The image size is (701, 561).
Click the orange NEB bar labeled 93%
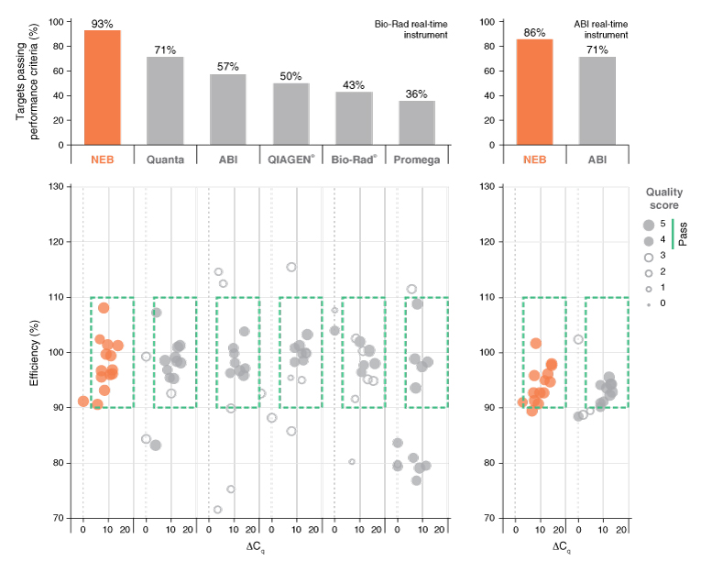point(103,87)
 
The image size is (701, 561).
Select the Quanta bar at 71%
point(165,101)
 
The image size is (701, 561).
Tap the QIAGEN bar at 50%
point(290,114)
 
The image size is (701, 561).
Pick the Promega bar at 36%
point(416,123)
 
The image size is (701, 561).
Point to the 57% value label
point(227,66)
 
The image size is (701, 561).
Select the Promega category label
point(416,159)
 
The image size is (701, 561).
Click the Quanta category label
point(165,159)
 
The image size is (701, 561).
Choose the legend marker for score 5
point(649,225)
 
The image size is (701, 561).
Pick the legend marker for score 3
point(649,257)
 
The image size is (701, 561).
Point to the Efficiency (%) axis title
point(35,352)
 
